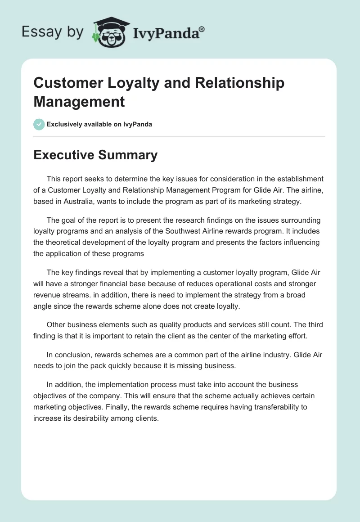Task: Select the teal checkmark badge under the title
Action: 39,124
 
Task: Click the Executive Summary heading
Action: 95,155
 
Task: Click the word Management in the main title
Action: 79,101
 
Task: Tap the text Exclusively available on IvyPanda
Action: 99,124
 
